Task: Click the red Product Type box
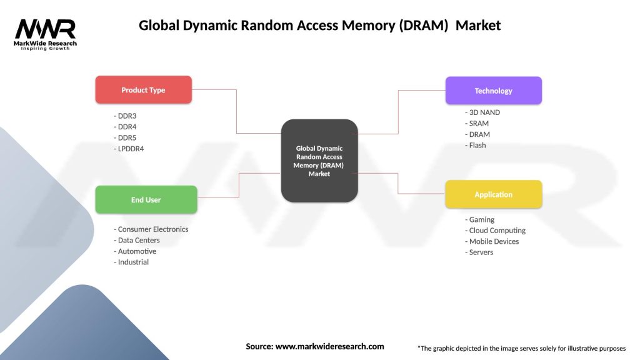(143, 90)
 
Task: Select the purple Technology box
(493, 91)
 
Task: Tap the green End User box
(146, 200)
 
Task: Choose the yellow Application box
(493, 194)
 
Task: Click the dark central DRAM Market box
(319, 161)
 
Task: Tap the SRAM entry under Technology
(478, 124)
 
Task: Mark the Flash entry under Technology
(477, 145)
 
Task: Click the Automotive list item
(136, 251)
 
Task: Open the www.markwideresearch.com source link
(329, 346)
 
